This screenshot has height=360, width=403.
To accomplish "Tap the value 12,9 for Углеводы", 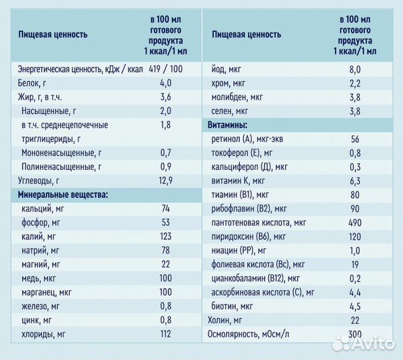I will (x=165, y=180).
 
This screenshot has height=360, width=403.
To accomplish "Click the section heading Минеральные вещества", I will (x=61, y=195).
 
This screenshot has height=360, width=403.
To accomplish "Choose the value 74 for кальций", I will (x=165, y=209).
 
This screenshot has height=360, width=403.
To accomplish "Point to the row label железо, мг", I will (x=40, y=306).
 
